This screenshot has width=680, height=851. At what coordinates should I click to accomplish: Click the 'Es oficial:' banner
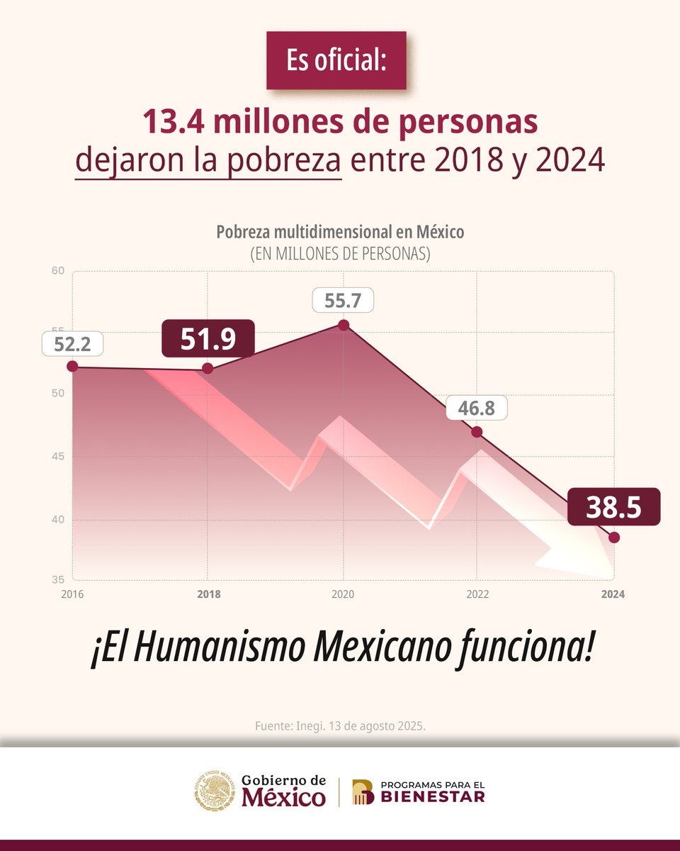point(336,60)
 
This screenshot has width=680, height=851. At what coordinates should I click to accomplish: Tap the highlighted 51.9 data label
point(208,339)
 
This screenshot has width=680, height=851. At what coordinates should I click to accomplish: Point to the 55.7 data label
point(343,300)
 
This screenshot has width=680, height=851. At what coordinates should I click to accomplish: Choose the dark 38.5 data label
point(613,507)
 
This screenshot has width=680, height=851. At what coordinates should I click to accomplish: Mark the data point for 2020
point(344,326)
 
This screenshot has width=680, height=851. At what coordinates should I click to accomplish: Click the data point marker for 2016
point(72,366)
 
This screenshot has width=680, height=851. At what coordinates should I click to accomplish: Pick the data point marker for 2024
point(614,538)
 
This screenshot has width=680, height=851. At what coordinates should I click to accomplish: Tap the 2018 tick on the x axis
point(208,594)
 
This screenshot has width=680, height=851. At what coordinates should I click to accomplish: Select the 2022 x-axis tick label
point(476,594)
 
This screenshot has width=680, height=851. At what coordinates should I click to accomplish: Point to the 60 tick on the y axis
point(57,271)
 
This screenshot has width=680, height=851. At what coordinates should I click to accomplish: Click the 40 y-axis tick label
point(57,520)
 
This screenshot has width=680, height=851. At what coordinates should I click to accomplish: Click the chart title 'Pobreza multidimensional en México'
point(340,232)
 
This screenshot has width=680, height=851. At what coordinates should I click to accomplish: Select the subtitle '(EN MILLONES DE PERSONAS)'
point(340,252)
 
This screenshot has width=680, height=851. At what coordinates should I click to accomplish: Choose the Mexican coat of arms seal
point(214,791)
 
